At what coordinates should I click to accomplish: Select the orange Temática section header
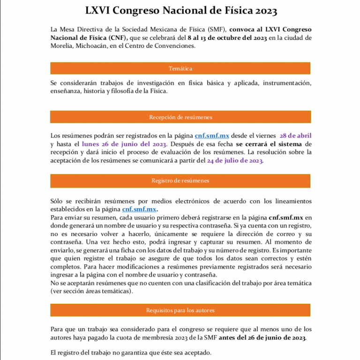[x=180, y=68]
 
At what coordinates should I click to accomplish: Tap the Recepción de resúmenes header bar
[x=180, y=117]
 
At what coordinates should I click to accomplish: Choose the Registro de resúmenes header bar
[x=180, y=180]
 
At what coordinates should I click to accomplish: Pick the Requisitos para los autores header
[x=180, y=310]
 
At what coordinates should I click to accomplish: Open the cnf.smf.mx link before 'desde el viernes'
[x=212, y=136]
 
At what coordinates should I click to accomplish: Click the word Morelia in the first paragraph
[x=61, y=46]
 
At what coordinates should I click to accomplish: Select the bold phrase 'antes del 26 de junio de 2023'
[x=262, y=337]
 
